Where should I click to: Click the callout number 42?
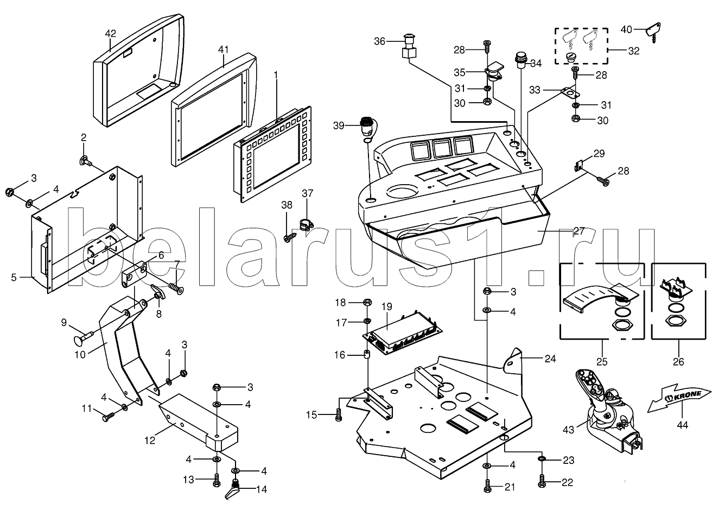pyautogui.click(x=111, y=33)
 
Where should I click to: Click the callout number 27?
pyautogui.click(x=579, y=230)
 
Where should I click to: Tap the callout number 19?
pyautogui.click(x=386, y=306)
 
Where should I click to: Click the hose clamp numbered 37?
pyautogui.click(x=308, y=224)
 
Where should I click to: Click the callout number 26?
pyautogui.click(x=679, y=361)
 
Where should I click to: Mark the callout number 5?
pyautogui.click(x=14, y=277)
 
